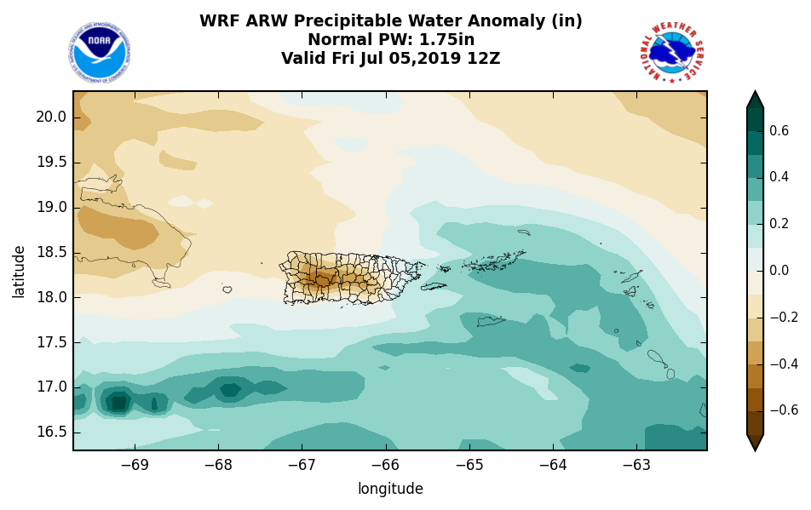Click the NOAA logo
[100, 53]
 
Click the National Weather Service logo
[671, 53]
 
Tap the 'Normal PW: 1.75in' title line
[391, 40]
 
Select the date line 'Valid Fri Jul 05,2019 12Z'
[391, 59]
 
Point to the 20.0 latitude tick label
[50, 117]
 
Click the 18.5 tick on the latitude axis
[50, 252]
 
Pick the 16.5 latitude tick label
[50, 432]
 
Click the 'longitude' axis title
[390, 489]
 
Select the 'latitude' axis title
[19, 271]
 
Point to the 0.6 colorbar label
[779, 131]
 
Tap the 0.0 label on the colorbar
[779, 271]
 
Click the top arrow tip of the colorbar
[755, 94]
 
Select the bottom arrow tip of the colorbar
[755, 448]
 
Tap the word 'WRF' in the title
[219, 21]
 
